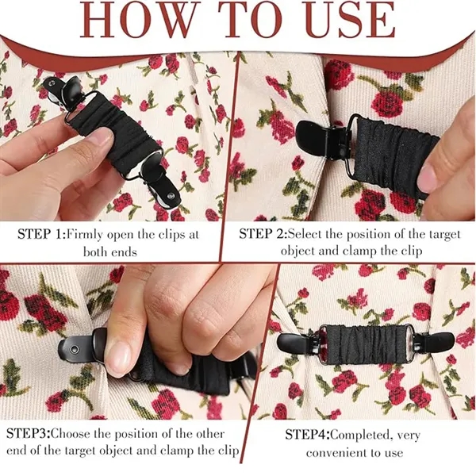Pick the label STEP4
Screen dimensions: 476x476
[x=309, y=435]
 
